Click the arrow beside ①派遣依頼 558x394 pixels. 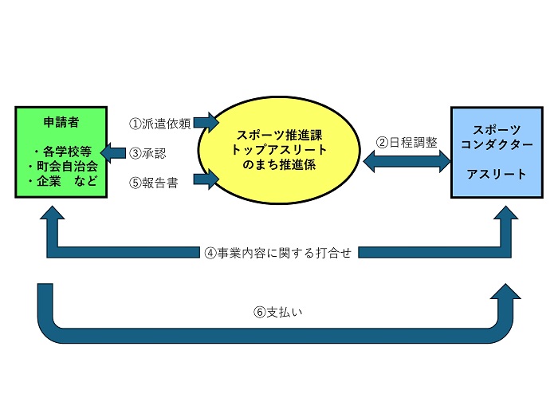point(206,122)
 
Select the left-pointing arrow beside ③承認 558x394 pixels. point(115,152)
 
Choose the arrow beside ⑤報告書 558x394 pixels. point(206,180)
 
